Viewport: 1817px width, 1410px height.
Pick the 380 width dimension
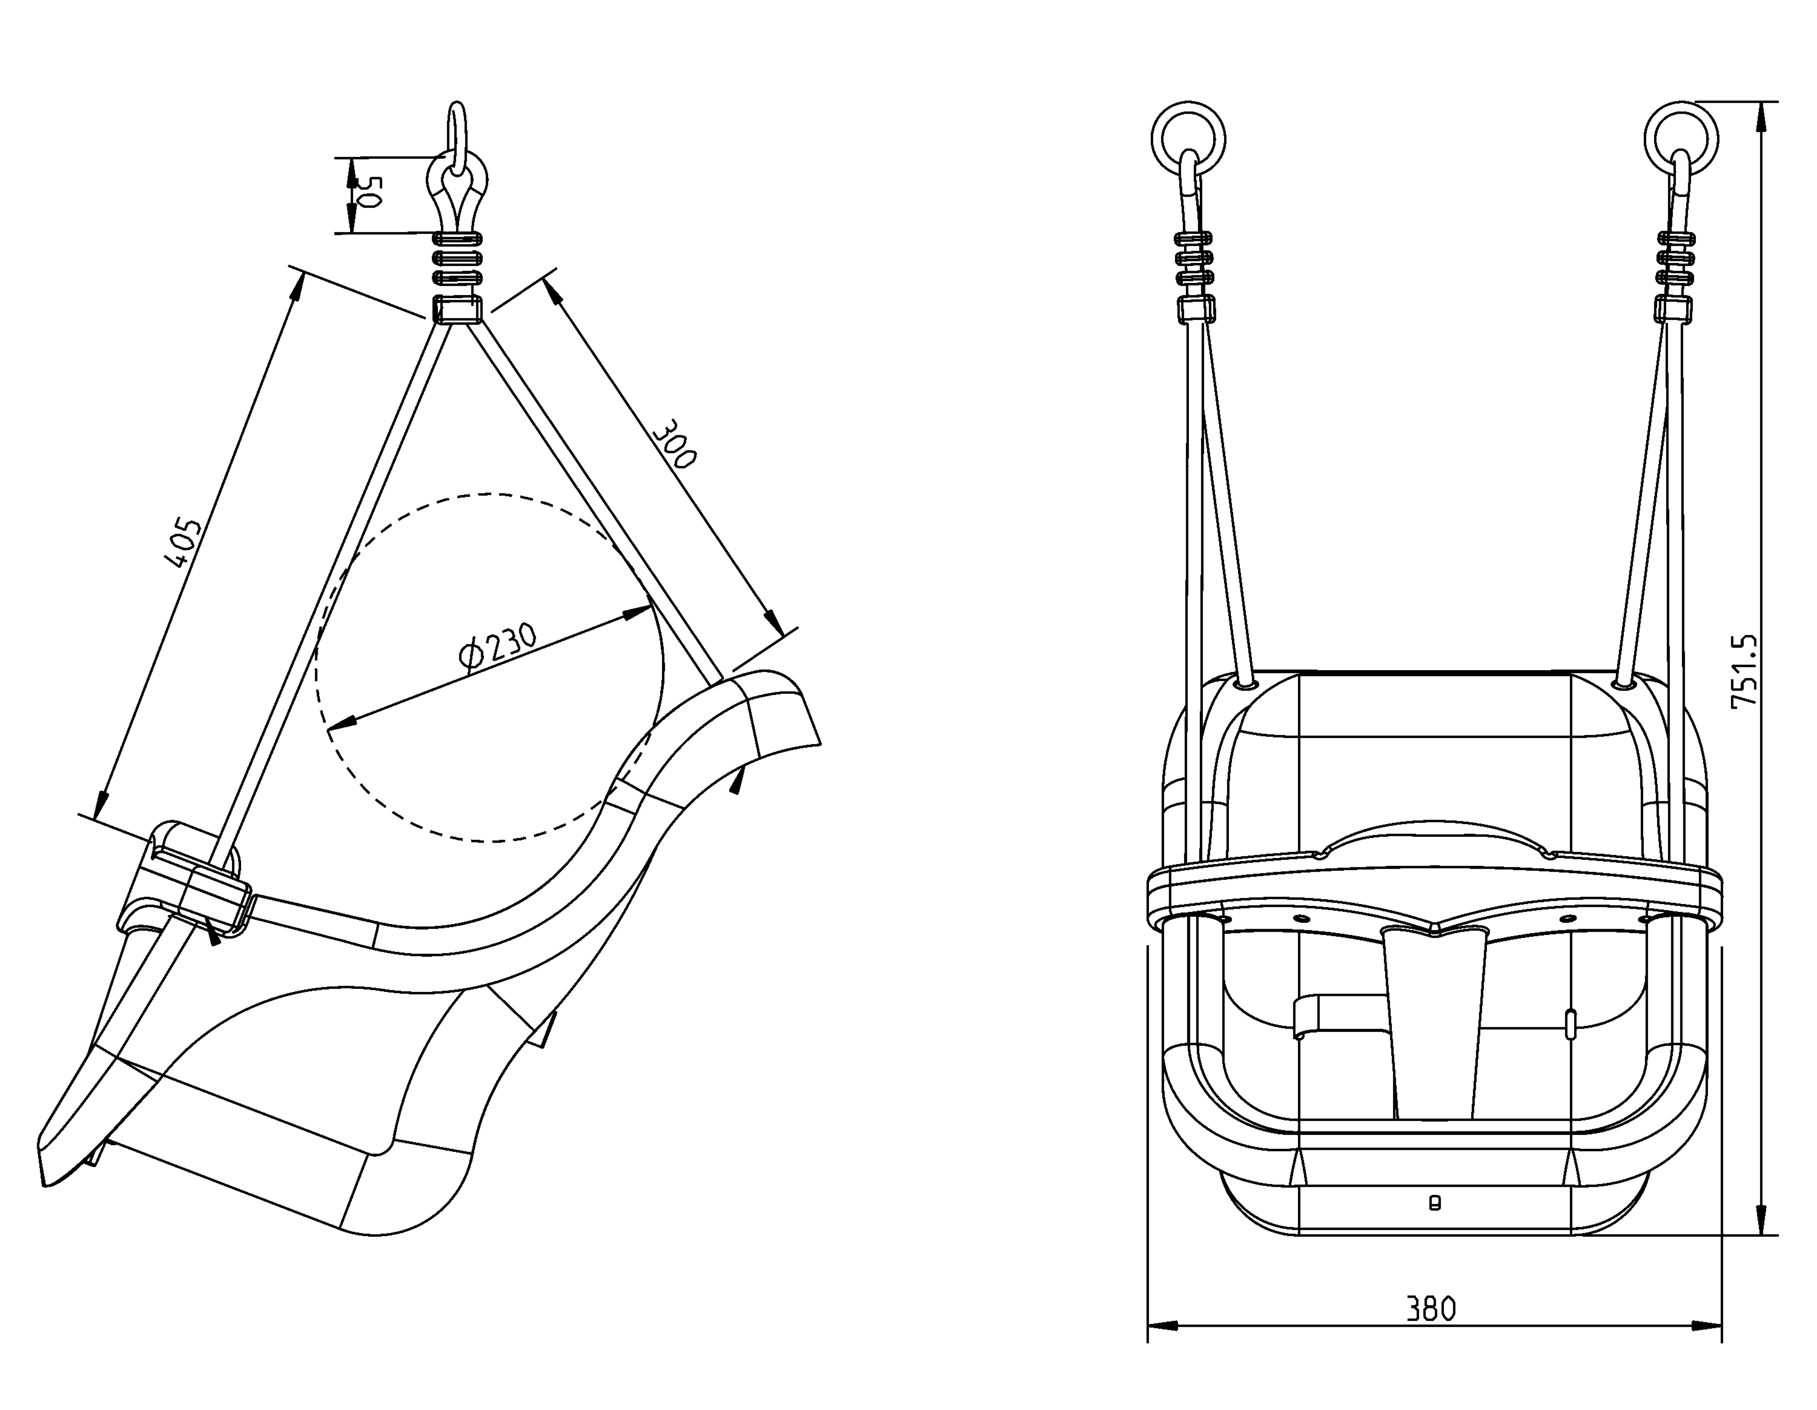1431,1309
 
